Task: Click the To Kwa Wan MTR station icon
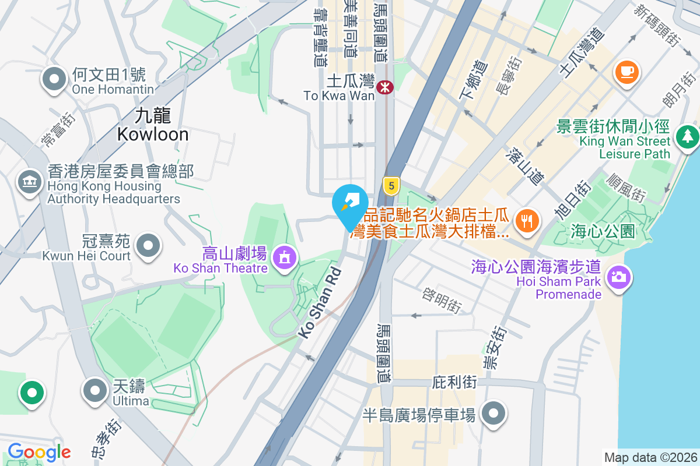[x=385, y=87]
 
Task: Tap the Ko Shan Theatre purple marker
[x=284, y=256]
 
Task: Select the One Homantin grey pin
[x=55, y=79]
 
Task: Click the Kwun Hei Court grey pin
[x=148, y=246]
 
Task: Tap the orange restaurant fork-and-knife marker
[x=528, y=221]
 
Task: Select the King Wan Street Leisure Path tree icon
[x=687, y=137]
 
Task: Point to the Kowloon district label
[x=153, y=126]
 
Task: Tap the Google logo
[x=39, y=452]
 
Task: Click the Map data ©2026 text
[x=650, y=457]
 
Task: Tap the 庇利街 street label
[x=454, y=383]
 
